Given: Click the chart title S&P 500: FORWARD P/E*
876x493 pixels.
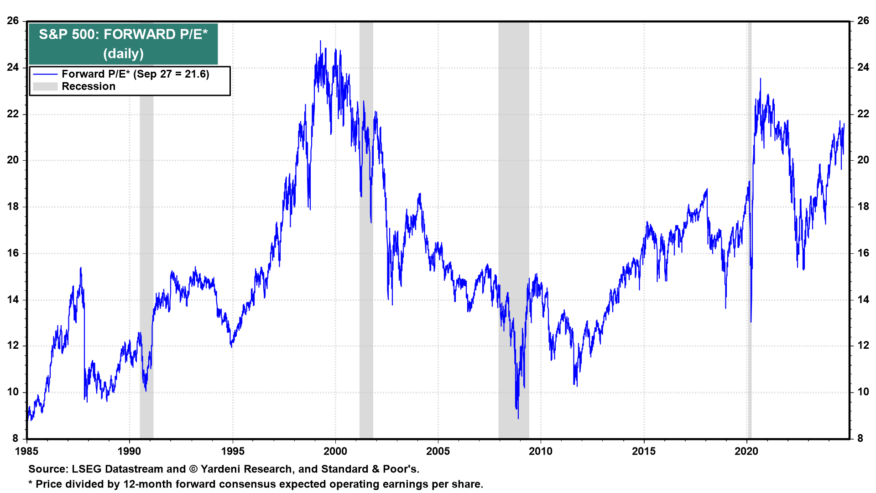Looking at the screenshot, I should pyautogui.click(x=123, y=35).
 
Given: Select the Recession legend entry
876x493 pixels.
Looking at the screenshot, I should pyautogui.click(x=89, y=86).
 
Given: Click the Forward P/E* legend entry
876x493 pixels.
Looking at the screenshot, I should pyautogui.click(x=135, y=74).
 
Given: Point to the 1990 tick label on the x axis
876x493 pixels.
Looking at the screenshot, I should pyautogui.click(x=129, y=451).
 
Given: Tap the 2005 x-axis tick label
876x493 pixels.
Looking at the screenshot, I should pyautogui.click(x=438, y=451).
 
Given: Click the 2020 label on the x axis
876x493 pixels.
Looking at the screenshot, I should pyautogui.click(x=746, y=451).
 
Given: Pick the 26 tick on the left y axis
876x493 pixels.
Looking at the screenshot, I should pyautogui.click(x=13, y=21).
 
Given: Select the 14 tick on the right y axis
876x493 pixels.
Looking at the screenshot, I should pyautogui.click(x=863, y=300).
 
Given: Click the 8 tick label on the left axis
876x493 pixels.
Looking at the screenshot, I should pyautogui.click(x=16, y=438).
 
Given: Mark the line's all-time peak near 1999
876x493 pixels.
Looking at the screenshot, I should pyautogui.click(x=320, y=41).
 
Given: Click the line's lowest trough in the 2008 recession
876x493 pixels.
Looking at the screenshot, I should pyautogui.click(x=518, y=418).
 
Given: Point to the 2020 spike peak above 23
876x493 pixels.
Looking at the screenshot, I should pyautogui.click(x=760, y=79).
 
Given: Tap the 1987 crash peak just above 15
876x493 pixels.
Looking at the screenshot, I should pyautogui.click(x=81, y=268).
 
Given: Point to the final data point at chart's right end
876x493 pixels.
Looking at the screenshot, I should pyautogui.click(x=844, y=124).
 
